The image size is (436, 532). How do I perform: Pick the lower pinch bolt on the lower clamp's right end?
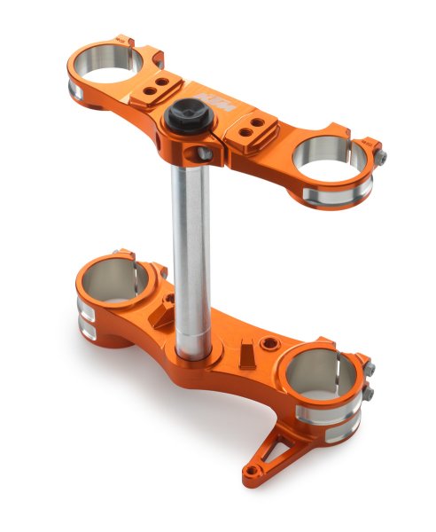point(367,392)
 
